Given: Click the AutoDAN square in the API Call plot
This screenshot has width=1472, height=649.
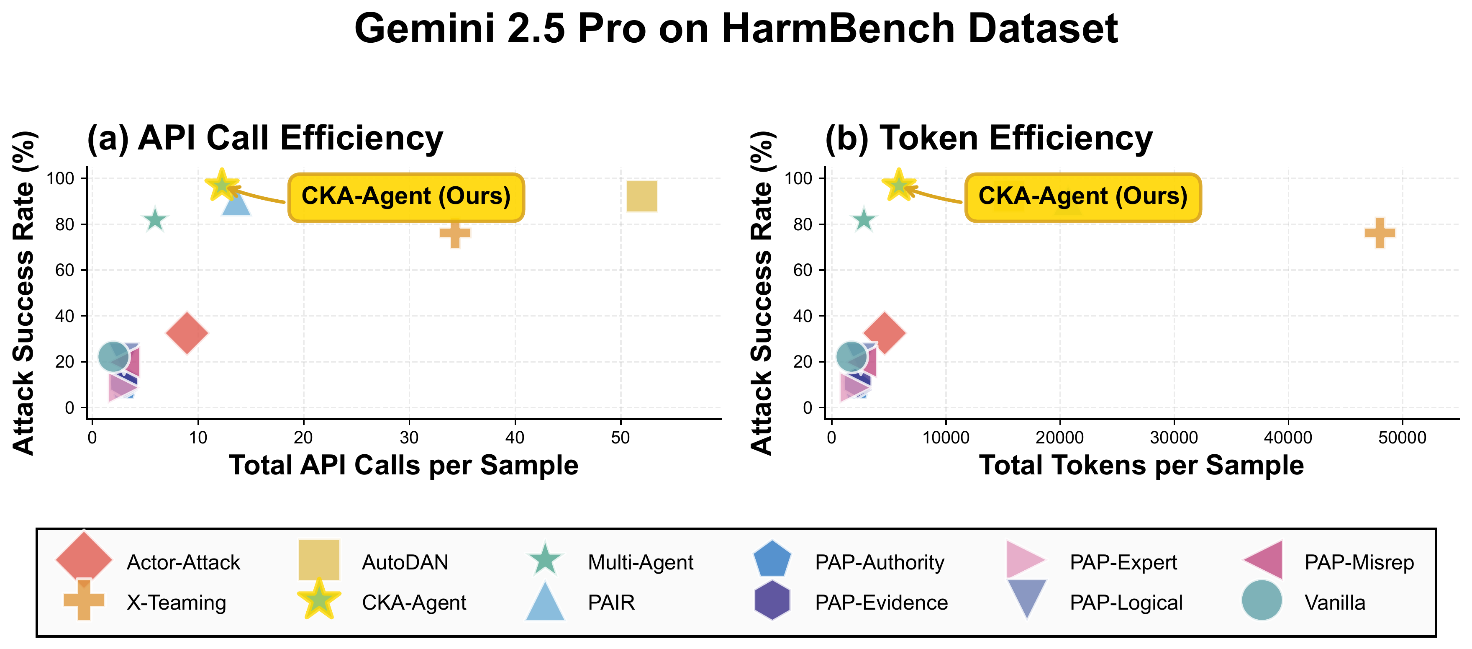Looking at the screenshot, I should [642, 196].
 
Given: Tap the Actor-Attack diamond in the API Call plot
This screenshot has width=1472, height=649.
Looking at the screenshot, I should [187, 333].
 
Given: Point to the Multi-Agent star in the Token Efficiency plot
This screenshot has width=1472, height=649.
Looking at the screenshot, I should [864, 220].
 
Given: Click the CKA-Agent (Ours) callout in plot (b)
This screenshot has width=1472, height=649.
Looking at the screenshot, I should [1082, 197].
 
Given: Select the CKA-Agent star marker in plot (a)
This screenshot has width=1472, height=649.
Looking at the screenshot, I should [222, 185].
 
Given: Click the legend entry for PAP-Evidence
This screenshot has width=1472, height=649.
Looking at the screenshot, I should [881, 602].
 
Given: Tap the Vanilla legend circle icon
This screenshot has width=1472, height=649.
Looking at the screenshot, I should [1262, 600].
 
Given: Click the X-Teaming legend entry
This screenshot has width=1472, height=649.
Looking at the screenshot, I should [176, 602].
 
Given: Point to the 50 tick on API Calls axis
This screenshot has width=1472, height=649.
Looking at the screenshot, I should [621, 438].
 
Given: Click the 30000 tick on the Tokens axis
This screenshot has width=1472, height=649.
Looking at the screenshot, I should [1173, 438].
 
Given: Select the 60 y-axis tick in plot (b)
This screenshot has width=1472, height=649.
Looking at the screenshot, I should [802, 270].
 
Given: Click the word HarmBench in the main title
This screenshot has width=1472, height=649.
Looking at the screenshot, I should [840, 28].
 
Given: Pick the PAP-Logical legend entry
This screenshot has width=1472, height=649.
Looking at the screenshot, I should [1125, 602].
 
